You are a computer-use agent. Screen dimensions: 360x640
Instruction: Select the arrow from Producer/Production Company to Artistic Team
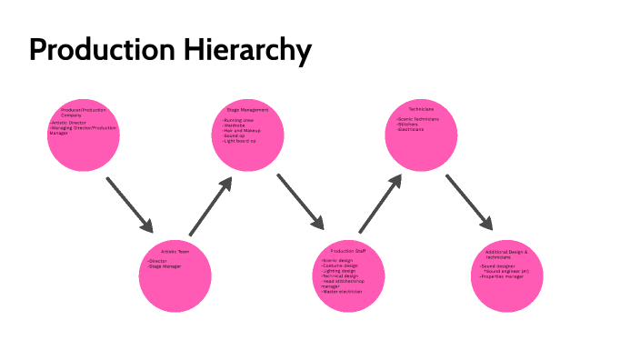coord(130,205)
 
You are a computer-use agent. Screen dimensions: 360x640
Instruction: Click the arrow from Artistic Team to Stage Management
coord(212,205)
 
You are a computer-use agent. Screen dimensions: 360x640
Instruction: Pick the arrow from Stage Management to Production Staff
coord(301,202)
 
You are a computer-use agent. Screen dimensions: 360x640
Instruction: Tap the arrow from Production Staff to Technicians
coord(381,205)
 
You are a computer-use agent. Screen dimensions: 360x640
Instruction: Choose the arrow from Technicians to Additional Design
coord(469,203)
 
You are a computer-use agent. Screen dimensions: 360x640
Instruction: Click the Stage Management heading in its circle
coord(248,110)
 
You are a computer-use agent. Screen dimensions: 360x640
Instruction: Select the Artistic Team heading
coord(175,251)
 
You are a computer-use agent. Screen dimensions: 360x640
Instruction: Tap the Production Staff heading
coord(348,250)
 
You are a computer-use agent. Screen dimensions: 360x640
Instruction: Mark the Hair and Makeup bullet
coord(241,131)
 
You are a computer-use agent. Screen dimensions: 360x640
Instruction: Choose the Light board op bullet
coord(240,141)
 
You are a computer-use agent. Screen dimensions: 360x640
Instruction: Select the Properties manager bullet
coord(505,275)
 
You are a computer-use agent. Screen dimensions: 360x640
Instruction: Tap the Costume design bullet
coord(342,265)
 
